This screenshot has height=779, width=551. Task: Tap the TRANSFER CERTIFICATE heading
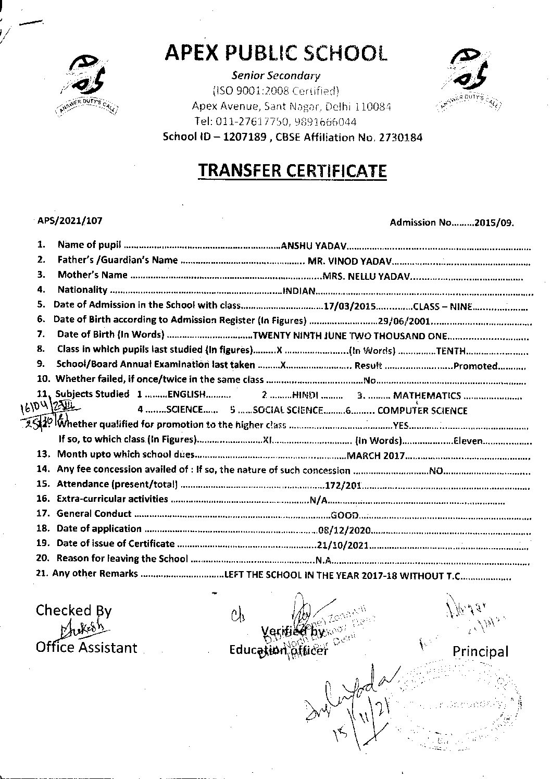292,170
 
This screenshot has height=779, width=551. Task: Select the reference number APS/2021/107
70,220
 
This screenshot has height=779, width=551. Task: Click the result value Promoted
475,366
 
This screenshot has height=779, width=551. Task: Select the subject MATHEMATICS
427,396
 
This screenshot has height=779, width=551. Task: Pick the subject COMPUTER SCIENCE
422,411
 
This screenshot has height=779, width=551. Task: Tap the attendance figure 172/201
343,486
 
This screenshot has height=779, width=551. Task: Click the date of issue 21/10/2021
343,546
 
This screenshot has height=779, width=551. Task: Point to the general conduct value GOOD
344,516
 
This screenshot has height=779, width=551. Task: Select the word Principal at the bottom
480,651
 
